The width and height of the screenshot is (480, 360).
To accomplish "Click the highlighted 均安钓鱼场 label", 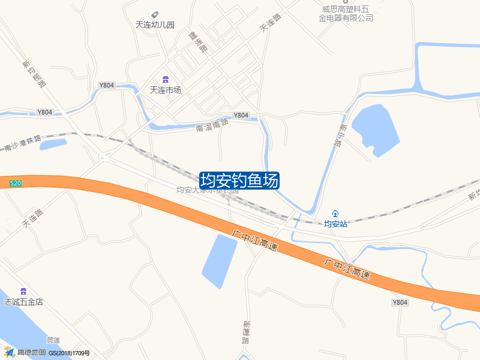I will pyautogui.click(x=239, y=180).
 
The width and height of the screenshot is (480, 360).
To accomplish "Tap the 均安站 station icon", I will pyautogui.click(x=335, y=214).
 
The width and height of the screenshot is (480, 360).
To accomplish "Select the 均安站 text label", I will pyautogui.click(x=335, y=224).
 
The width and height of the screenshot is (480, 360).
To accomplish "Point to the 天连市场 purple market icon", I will pyautogui.click(x=165, y=80).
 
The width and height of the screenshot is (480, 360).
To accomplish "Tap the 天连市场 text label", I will pyautogui.click(x=165, y=90).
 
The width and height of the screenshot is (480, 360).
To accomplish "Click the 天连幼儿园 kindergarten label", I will pyautogui.click(x=155, y=25).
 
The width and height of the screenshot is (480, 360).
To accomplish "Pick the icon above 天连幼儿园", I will pyautogui.click(x=155, y=14).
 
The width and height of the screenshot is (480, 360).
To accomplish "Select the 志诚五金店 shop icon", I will pyautogui.click(x=23, y=291).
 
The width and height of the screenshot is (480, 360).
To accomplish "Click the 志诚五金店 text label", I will pyautogui.click(x=23, y=302).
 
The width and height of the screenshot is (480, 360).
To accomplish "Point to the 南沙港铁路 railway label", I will pyautogui.click(x=22, y=143).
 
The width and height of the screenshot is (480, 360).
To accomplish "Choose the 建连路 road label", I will pyautogui.click(x=197, y=41).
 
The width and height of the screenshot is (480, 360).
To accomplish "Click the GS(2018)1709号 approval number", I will pyautogui.click(x=69, y=353).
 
